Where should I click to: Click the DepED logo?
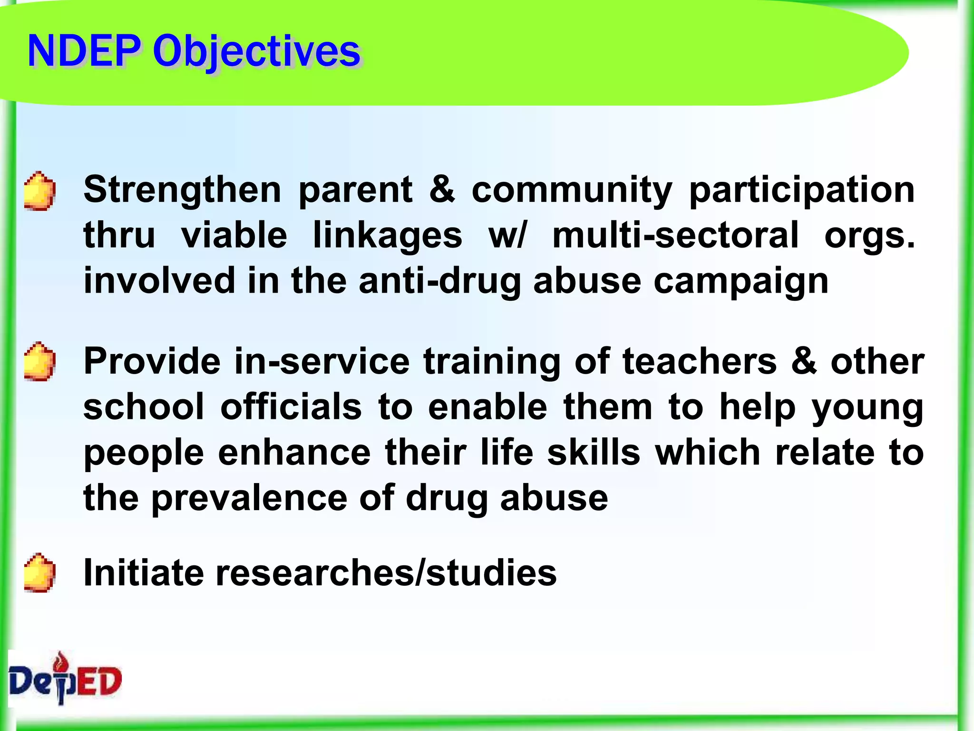(x=65, y=679)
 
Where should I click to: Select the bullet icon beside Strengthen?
(x=39, y=191)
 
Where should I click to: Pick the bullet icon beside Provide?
(x=39, y=362)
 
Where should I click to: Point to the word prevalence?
(x=249, y=499)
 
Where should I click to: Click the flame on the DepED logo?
(x=60, y=661)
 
